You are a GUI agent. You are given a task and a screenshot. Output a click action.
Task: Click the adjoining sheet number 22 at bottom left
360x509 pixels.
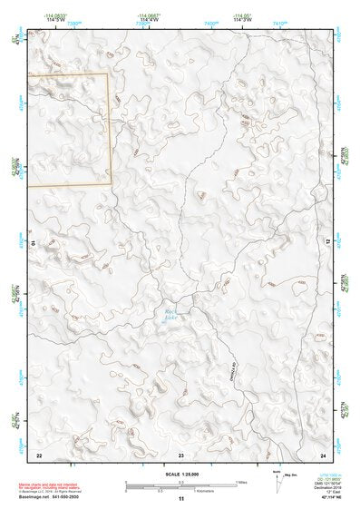[39, 455]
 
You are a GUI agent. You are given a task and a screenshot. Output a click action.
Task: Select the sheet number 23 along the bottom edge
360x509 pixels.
[180, 455]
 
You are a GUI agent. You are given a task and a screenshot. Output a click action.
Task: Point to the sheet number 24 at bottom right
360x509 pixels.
[322, 455]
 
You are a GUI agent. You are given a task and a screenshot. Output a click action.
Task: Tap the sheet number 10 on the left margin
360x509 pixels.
[33, 242]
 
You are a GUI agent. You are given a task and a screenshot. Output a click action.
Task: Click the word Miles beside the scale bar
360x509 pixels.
[243, 481]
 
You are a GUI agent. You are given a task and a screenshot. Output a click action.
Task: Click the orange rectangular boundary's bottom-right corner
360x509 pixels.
[111, 184]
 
